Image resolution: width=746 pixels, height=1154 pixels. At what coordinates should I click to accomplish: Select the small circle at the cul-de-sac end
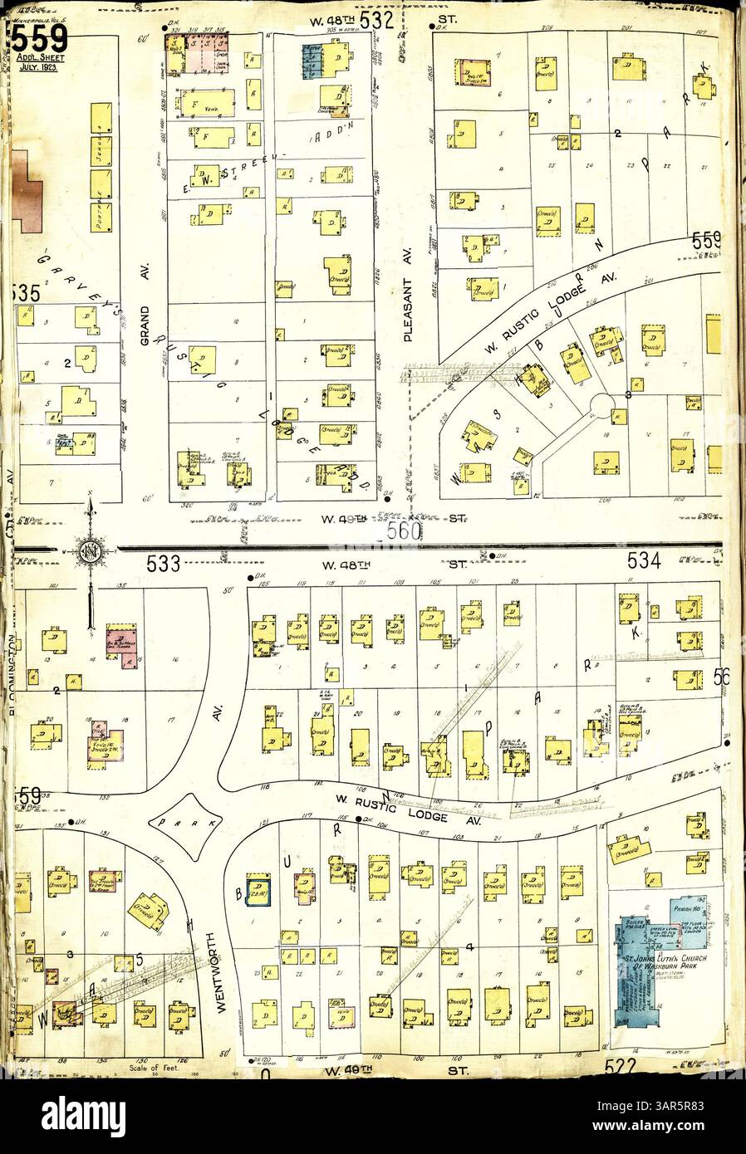click(x=602, y=404)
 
